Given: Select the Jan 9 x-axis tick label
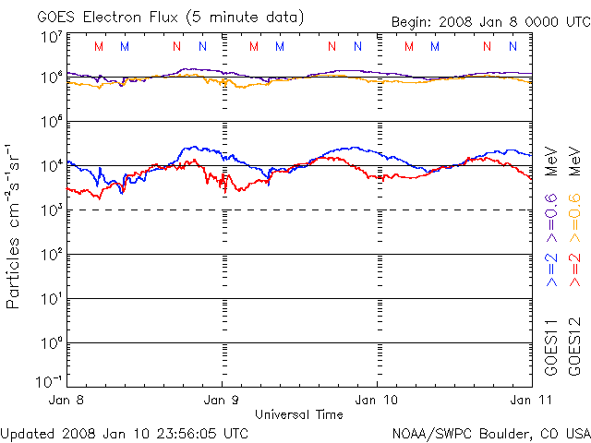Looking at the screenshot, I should [222, 401].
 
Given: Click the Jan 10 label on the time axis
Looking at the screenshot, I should [378, 401].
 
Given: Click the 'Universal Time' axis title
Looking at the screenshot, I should [299, 414].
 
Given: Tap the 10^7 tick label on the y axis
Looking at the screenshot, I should [51, 37].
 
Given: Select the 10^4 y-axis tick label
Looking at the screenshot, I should [51, 166].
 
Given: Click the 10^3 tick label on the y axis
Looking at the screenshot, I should [51, 210].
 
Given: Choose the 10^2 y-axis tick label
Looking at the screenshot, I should [51, 255].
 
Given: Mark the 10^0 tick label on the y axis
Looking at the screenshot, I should [51, 343].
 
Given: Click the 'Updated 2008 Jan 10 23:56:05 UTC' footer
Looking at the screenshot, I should [125, 432].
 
